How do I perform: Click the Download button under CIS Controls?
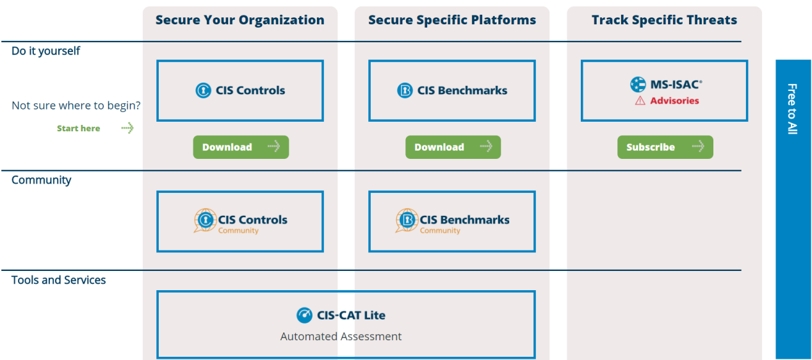pos(241,147)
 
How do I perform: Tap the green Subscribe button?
pos(665,147)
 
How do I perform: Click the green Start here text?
pos(78,128)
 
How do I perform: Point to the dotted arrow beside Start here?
pos(127,128)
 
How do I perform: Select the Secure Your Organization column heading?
pos(240,20)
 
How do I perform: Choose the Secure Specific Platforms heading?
pos(452,20)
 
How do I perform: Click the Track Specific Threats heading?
pos(665,20)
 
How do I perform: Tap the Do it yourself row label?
pos(45,51)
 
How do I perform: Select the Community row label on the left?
pos(42,180)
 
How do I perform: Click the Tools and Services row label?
pos(58,280)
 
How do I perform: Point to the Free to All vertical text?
pos(792,109)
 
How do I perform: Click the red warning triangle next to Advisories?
pos(640,101)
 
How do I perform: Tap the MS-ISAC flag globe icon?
pos(638,85)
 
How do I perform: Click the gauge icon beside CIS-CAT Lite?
pos(305,315)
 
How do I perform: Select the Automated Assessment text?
pos(341,336)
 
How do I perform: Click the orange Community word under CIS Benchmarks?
pos(440,231)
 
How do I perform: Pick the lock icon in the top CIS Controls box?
pos(204,90)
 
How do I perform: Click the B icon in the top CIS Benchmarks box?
pos(405,90)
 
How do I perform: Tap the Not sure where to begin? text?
pos(76,106)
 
